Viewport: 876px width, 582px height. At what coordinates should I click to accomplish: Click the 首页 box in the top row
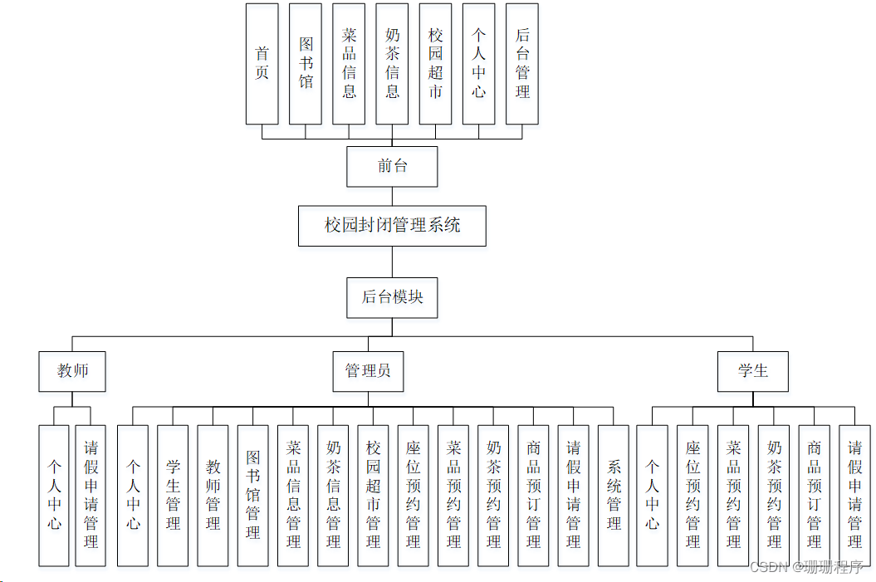(262, 64)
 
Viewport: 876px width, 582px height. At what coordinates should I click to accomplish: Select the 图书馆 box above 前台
(306, 64)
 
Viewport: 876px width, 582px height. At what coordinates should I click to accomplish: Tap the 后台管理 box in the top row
(522, 64)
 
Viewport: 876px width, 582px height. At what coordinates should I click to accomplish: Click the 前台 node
(392, 166)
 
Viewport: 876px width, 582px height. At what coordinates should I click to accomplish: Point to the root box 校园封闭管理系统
(392, 225)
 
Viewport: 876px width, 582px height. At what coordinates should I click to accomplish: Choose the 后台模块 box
(392, 297)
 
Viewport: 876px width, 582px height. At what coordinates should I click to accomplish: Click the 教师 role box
(72, 371)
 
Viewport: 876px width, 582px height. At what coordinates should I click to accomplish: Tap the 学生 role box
(752, 371)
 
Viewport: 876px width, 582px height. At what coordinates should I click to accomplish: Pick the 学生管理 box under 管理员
(173, 496)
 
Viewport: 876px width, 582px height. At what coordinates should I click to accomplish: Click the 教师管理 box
(213, 496)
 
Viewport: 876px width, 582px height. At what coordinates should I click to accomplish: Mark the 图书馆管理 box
(253, 496)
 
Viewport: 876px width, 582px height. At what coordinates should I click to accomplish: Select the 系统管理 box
(614, 496)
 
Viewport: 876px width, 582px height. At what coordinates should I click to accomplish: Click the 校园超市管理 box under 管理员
(373, 496)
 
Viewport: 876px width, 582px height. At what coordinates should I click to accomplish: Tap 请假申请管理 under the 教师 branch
(91, 496)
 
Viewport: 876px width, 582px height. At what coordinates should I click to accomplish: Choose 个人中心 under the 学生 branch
(652, 496)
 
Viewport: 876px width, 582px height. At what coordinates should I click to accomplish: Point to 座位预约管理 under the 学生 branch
(692, 496)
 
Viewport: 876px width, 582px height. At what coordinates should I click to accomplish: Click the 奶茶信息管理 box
(333, 496)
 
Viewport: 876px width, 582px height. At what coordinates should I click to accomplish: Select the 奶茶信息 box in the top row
(393, 64)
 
